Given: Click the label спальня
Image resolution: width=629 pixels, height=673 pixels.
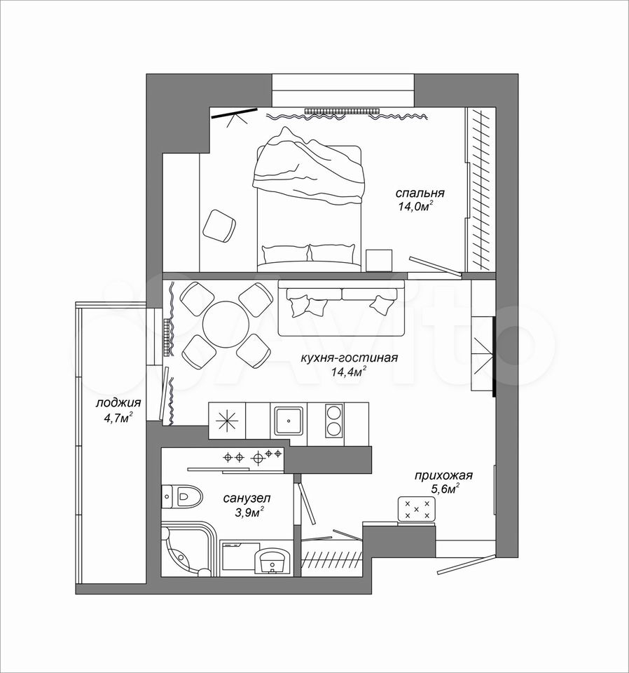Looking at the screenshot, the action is click(x=420, y=193).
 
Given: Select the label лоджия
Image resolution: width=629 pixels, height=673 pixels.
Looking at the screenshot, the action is click(x=118, y=403).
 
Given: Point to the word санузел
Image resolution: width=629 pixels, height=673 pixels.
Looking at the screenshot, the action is click(x=247, y=498).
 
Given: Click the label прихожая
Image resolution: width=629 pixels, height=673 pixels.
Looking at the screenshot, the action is click(x=443, y=475).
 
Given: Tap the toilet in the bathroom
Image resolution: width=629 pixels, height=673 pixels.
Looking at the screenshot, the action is click(x=181, y=496).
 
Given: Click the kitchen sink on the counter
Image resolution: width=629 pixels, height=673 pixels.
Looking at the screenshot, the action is click(x=288, y=420).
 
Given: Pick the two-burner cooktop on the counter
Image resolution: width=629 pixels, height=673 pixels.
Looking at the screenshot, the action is click(x=334, y=420).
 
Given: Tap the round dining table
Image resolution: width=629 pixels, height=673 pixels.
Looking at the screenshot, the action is click(x=226, y=324).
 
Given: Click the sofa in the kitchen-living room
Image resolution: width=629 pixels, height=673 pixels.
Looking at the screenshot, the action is click(x=342, y=307).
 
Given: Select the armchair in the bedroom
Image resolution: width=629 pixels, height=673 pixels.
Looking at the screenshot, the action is click(x=219, y=226).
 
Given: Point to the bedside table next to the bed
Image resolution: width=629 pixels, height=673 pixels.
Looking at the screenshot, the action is click(x=379, y=261).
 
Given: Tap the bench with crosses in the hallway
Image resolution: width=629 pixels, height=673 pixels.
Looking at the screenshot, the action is click(x=417, y=509).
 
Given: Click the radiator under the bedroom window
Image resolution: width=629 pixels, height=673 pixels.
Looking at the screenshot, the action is click(x=343, y=111).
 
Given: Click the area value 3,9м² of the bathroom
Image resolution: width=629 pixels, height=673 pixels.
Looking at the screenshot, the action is click(x=249, y=512).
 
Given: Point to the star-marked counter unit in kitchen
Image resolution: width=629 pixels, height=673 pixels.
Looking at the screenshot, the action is click(x=227, y=420).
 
